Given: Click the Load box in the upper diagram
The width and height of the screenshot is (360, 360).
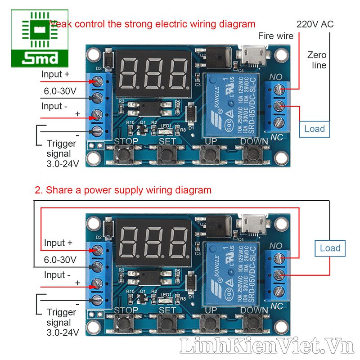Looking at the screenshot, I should (314, 129).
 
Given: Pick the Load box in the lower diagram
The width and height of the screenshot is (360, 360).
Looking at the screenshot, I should (330, 248).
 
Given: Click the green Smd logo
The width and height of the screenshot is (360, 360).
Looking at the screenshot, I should (40, 39).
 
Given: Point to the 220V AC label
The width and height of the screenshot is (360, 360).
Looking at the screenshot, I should (315, 24).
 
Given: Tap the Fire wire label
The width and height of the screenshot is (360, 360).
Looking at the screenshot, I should (275, 36).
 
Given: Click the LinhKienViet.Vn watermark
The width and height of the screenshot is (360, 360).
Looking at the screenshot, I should (265, 346).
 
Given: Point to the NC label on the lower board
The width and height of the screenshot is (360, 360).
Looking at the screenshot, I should (276, 306).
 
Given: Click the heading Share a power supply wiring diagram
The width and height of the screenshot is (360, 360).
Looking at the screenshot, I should (123, 190).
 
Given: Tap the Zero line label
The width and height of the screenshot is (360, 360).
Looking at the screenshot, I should (317, 60).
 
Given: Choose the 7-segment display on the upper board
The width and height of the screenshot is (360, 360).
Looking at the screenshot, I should (153, 74).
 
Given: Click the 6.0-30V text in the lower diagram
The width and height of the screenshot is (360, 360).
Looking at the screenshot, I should (60, 260).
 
